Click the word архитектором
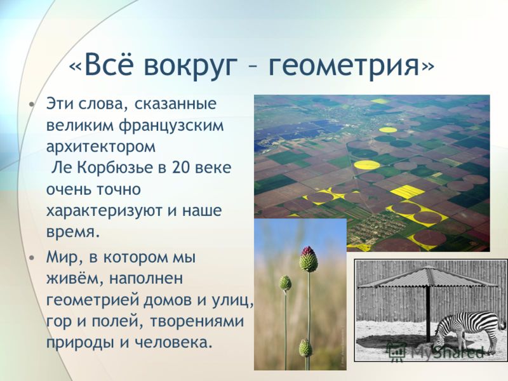[101, 147]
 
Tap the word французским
[171, 126]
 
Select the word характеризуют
[105, 211]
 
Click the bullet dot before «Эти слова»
[31, 105]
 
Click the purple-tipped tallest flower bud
[309, 259]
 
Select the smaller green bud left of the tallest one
[285, 283]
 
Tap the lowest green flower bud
[305, 348]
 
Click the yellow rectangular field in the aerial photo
[408, 192]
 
